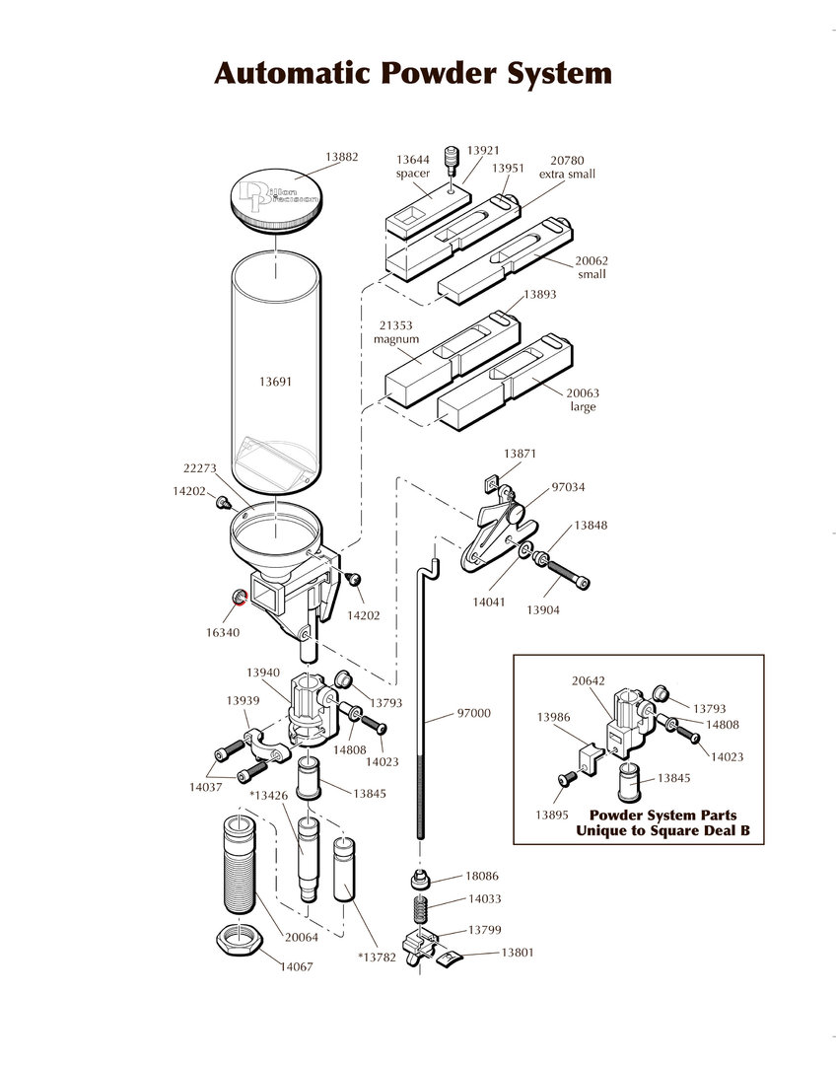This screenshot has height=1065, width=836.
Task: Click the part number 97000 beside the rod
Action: pos(473,713)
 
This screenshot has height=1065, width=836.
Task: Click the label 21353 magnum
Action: pos(395,332)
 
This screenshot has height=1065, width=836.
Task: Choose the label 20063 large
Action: pos(583,399)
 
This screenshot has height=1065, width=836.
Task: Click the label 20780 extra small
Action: pos(567,167)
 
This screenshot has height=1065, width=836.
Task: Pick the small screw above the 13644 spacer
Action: pos(452,159)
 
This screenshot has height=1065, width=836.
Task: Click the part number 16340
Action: pos(223,632)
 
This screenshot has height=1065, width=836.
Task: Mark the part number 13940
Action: pos(262,672)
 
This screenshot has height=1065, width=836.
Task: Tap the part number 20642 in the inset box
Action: pos(588,679)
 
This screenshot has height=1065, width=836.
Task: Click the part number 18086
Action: pos(483,876)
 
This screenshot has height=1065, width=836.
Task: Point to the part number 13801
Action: pos(518,953)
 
